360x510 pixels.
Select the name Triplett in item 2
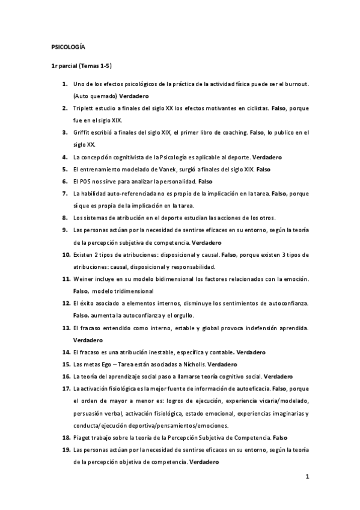pos(82,108)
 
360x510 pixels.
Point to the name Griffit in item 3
pos(81,132)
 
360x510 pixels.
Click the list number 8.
pos(64,217)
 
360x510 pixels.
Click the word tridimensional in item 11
pos(134,291)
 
